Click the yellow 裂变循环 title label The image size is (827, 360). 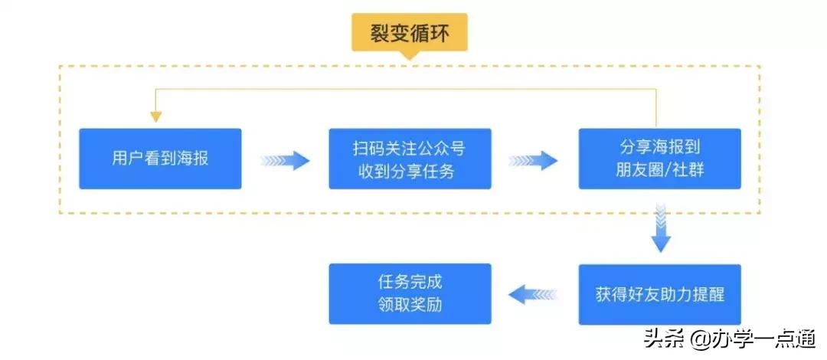pos(409,33)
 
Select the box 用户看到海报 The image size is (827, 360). pos(160,159)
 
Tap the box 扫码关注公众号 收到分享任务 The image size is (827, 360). pos(410,159)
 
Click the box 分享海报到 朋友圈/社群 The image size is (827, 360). pos(659,159)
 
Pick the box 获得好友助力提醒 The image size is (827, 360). pos(659,294)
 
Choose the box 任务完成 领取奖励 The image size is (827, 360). pos(410,294)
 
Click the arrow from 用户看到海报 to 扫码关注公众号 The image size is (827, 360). pos(285,161)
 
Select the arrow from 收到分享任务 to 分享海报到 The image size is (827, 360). pos(534,161)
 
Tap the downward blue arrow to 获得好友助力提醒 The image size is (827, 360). pos(660,228)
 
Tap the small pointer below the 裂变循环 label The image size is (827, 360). pos(409,55)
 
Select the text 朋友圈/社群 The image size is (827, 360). pos(659,171)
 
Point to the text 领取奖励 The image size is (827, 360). pos(410,306)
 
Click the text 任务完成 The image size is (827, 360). pos(410,281)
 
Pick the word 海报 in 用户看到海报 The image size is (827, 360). pos(191,159)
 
